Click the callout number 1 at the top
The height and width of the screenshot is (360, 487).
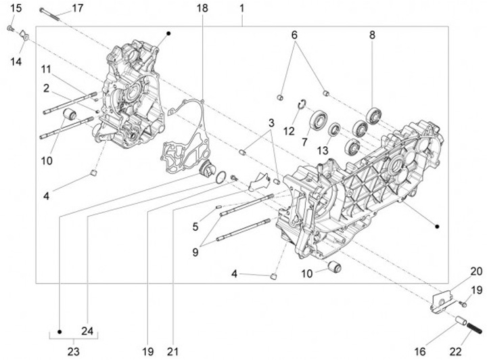pyautogui.click(x=241, y=8)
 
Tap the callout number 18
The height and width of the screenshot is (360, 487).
pyautogui.click(x=203, y=8)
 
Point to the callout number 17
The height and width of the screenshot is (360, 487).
pyautogui.click(x=78, y=8)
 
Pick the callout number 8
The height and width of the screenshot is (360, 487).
pyautogui.click(x=372, y=35)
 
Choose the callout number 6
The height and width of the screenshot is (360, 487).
pyautogui.click(x=294, y=35)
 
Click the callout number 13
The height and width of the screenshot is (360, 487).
pyautogui.click(x=324, y=150)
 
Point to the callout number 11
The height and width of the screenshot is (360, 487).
pyautogui.click(x=45, y=70)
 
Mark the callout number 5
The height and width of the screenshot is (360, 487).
pyautogui.click(x=195, y=226)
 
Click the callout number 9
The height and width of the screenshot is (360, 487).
pyautogui.click(x=195, y=252)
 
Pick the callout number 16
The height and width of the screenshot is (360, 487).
pyautogui.click(x=419, y=351)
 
